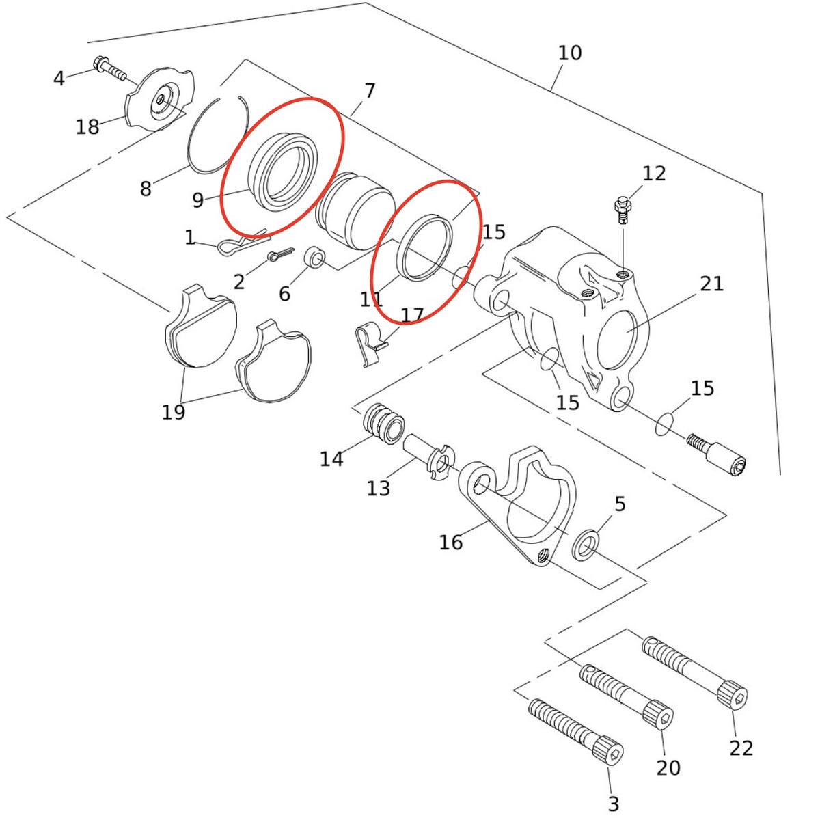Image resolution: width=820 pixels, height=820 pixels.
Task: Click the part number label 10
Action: pyautogui.click(x=569, y=53)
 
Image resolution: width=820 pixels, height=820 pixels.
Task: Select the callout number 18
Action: pyautogui.click(x=87, y=127)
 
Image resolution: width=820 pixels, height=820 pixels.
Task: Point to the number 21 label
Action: pyautogui.click(x=712, y=284)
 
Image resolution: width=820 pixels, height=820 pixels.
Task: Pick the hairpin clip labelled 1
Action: pyautogui.click(x=243, y=244)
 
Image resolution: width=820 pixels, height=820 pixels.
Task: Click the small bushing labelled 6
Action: pyautogui.click(x=314, y=258)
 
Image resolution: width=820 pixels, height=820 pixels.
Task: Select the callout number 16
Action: pyautogui.click(x=450, y=543)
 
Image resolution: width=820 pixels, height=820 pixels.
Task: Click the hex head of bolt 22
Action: pyautogui.click(x=732, y=696)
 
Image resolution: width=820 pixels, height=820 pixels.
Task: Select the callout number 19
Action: pyautogui.click(x=173, y=412)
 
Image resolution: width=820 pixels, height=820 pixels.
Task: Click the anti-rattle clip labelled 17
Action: pyautogui.click(x=370, y=344)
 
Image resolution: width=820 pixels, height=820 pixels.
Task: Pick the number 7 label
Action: pyautogui.click(x=370, y=91)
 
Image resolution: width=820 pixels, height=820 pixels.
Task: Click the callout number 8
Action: pyautogui.click(x=146, y=188)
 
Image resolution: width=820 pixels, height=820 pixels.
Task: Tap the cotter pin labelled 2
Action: pyautogui.click(x=281, y=254)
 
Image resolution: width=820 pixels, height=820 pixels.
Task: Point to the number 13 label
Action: pyautogui.click(x=379, y=488)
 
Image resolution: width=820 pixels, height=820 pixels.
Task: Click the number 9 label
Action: pyautogui.click(x=198, y=200)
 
